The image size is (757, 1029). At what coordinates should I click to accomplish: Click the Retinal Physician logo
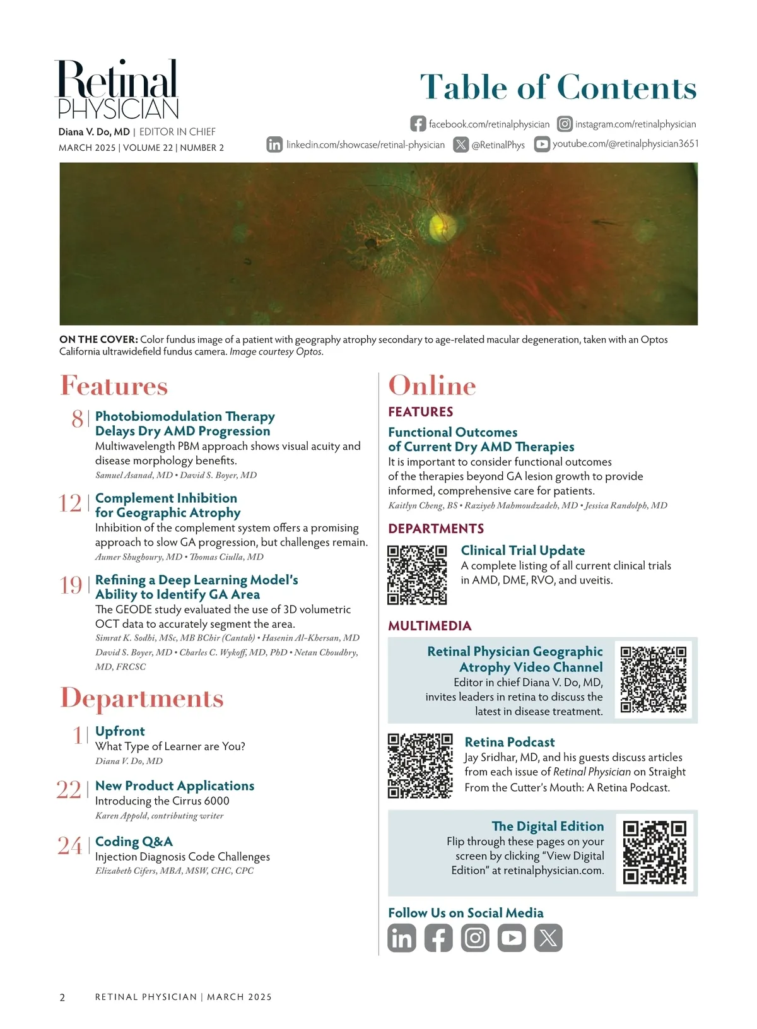pyautogui.click(x=118, y=90)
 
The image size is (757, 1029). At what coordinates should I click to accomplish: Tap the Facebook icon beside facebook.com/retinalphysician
pyautogui.click(x=418, y=124)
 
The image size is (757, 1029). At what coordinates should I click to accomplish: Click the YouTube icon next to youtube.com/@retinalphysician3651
pyautogui.click(x=542, y=144)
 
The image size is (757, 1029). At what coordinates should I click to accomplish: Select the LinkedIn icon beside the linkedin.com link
pyautogui.click(x=274, y=144)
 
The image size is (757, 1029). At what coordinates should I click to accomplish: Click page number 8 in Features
pyautogui.click(x=77, y=419)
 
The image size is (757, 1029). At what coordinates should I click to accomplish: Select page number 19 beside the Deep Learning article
pyautogui.click(x=71, y=585)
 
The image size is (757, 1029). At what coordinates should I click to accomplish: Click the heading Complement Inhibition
pyautogui.click(x=166, y=498)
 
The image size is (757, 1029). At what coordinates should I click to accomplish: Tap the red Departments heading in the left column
pyautogui.click(x=142, y=698)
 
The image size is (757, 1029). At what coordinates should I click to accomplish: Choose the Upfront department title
pyautogui.click(x=120, y=731)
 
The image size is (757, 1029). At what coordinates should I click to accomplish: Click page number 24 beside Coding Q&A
pyautogui.click(x=69, y=845)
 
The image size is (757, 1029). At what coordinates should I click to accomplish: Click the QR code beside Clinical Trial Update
pyautogui.click(x=417, y=575)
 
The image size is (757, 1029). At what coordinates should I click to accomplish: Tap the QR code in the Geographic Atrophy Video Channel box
pyautogui.click(x=654, y=679)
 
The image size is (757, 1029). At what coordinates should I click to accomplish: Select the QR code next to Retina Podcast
pyautogui.click(x=420, y=765)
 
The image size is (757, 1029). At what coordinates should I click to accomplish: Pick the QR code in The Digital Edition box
pyautogui.click(x=654, y=852)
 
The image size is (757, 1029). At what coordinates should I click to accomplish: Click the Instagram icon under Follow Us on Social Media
pyautogui.click(x=475, y=938)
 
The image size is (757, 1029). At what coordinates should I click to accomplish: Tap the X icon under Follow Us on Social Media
pyautogui.click(x=548, y=938)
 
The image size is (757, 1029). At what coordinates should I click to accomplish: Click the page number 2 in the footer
pyautogui.click(x=62, y=997)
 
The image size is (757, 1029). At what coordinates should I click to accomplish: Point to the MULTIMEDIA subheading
pyautogui.click(x=430, y=626)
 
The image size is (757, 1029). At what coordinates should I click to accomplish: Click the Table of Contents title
pyautogui.click(x=558, y=87)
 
